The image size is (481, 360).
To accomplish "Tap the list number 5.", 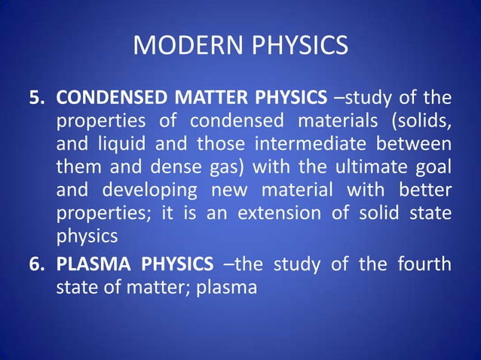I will click(36, 98).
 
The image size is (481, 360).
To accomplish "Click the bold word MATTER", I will click(204, 98).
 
